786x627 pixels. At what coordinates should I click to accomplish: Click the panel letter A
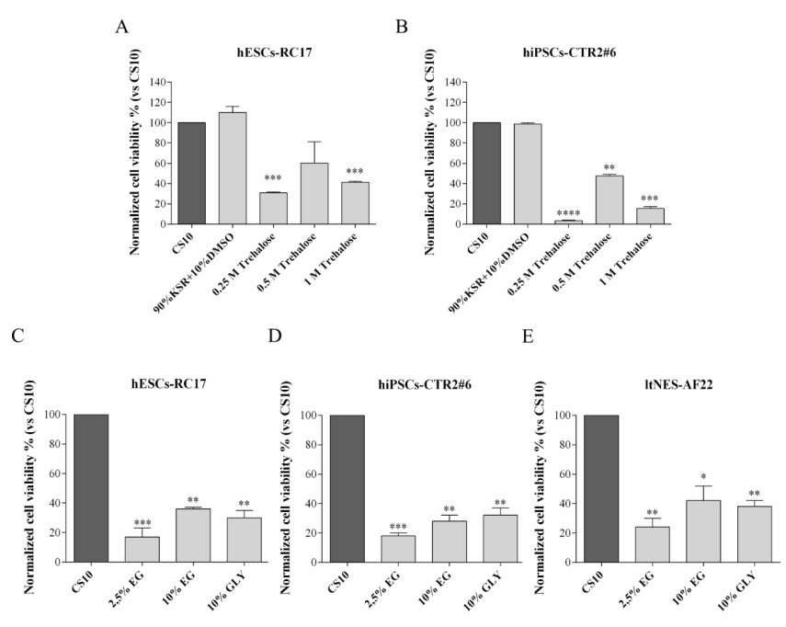click(x=120, y=27)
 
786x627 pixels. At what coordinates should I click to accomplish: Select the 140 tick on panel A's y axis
click(x=163, y=83)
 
